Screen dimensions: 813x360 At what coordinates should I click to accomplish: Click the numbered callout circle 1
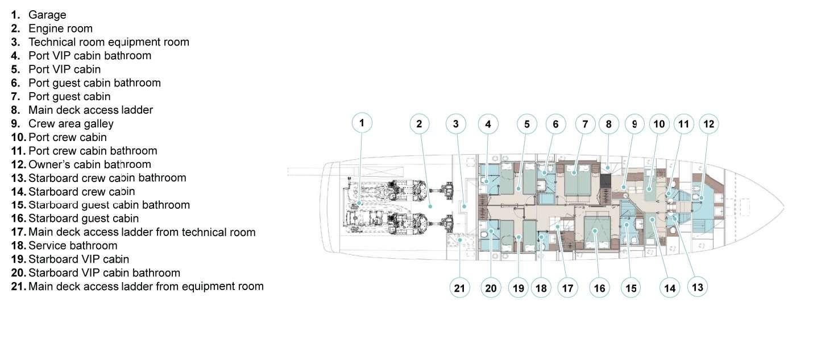(x=362, y=123)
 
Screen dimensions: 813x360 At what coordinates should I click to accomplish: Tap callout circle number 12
(x=708, y=124)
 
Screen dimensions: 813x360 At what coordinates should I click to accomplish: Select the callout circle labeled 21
(x=459, y=288)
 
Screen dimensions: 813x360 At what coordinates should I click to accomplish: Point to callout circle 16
(x=599, y=288)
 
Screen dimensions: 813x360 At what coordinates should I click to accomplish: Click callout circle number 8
(x=609, y=124)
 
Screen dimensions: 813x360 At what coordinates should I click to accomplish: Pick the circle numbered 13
(x=697, y=287)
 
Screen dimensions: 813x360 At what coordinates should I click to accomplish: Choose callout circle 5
(x=526, y=124)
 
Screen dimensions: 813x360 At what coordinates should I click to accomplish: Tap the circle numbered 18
(x=541, y=288)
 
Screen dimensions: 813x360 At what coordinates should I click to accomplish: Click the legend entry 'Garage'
(x=47, y=15)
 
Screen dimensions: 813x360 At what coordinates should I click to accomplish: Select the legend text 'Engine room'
(x=60, y=28)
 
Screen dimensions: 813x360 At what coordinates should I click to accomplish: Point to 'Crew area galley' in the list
(x=70, y=124)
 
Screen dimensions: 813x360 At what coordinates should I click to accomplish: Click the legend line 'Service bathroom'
(x=73, y=246)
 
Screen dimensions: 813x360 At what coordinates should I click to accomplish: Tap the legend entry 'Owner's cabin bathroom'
(x=90, y=164)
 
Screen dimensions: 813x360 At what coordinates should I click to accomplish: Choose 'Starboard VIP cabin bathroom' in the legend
(x=104, y=273)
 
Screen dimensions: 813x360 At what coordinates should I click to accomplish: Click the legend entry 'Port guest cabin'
(x=69, y=97)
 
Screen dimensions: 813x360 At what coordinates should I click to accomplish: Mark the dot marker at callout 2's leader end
(x=430, y=206)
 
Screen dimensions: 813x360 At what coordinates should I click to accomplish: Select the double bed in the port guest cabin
(x=577, y=180)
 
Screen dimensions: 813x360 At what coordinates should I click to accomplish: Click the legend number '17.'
(x=19, y=232)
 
